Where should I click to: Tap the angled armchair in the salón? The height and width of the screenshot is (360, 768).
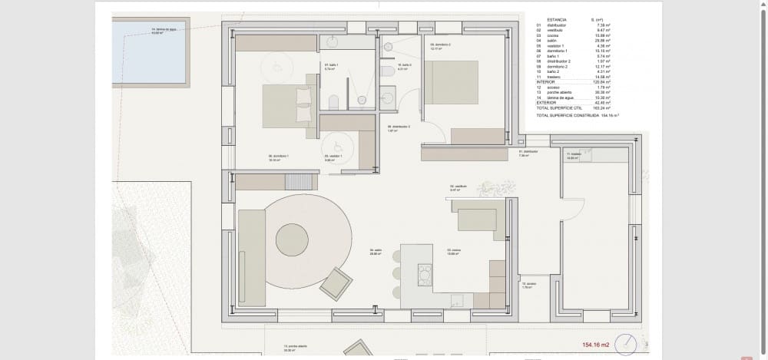pos(336,284)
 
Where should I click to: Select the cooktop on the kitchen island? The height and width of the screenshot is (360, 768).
pos(424,274)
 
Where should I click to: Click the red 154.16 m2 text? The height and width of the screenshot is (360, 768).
pos(595,345)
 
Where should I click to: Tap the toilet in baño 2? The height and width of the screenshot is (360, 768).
pos(389,72)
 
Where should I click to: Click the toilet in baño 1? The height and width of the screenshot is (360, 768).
pos(333,102)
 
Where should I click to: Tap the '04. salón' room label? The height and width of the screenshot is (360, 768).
pos(376,251)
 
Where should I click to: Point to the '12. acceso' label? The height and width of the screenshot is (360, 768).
pos(528,285)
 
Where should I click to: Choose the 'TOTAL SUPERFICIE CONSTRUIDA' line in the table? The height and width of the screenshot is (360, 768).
pos(577,115)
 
